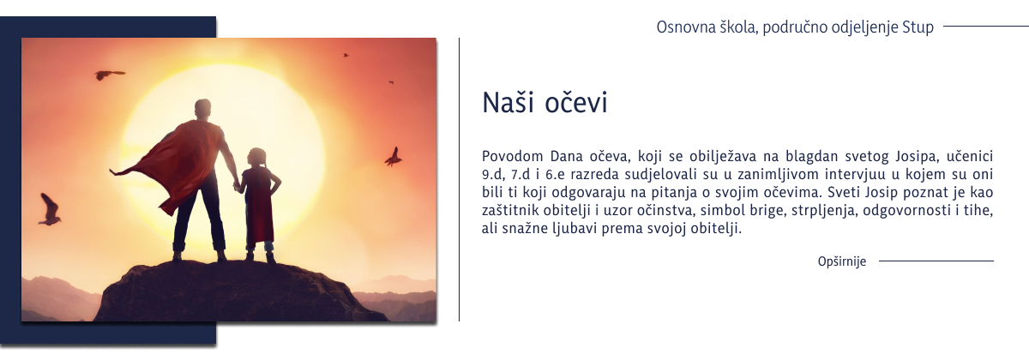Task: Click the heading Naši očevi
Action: click(x=545, y=102)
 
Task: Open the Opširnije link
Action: click(x=842, y=261)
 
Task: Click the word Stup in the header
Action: click(x=918, y=27)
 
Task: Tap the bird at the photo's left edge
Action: click(x=50, y=210)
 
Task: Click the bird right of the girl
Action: click(x=394, y=157)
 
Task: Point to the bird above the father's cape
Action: click(x=108, y=75)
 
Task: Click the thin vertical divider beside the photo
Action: click(x=460, y=180)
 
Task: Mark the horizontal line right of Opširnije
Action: click(x=936, y=261)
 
